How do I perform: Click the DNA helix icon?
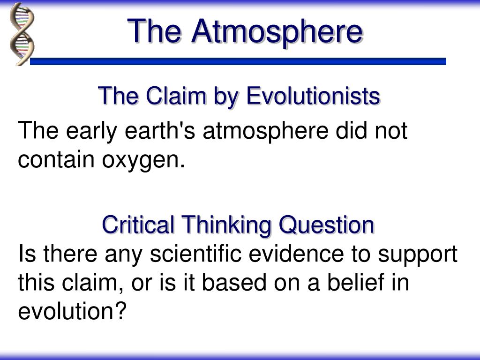click(22, 34)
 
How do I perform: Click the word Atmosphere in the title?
click(277, 32)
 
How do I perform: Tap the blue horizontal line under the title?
click(238, 61)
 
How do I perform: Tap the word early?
click(91, 132)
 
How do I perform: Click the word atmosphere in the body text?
click(265, 132)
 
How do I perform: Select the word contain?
click(56, 159)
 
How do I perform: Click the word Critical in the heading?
click(138, 225)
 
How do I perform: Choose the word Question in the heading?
click(326, 225)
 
